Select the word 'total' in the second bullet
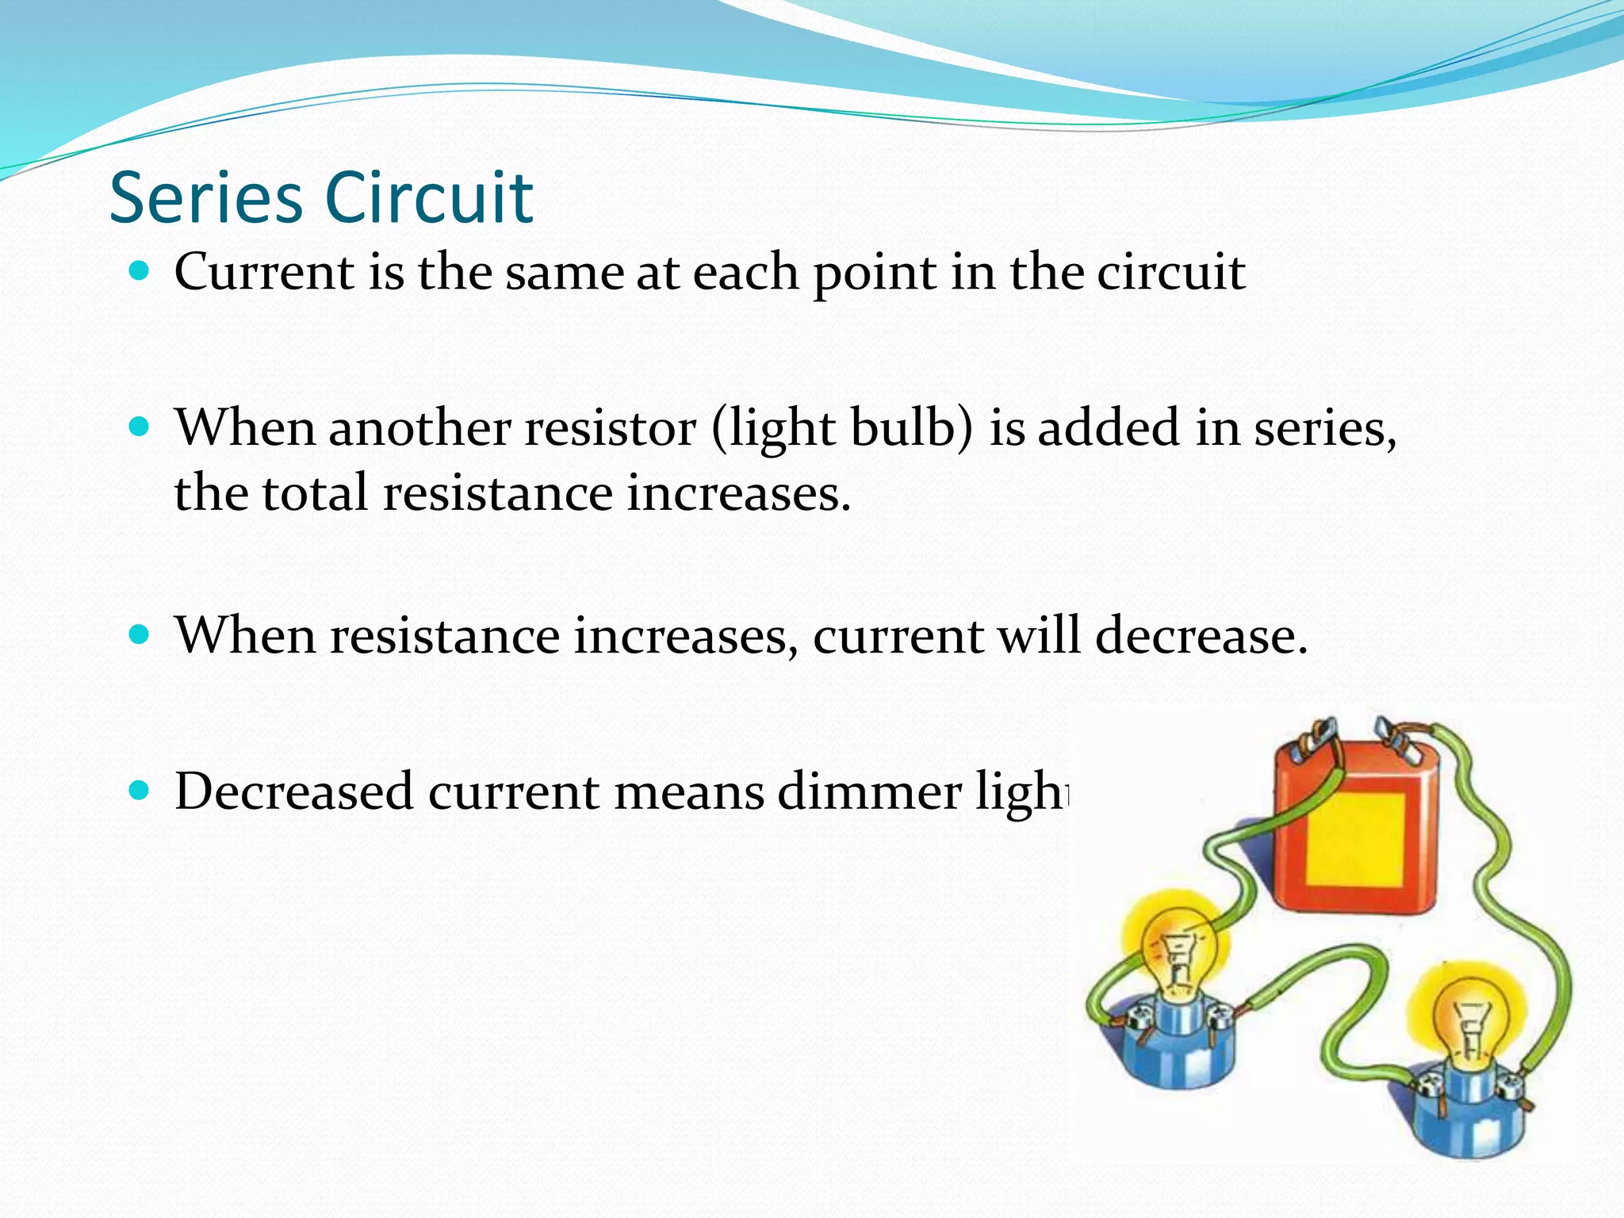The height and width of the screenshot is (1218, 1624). coord(316,493)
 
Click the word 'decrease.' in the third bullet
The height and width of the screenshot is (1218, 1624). coord(1201,636)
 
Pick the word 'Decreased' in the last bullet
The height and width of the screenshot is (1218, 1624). coord(294,791)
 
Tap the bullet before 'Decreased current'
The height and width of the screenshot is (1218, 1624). coord(139,791)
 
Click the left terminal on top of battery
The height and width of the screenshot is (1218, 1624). coord(1318,734)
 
